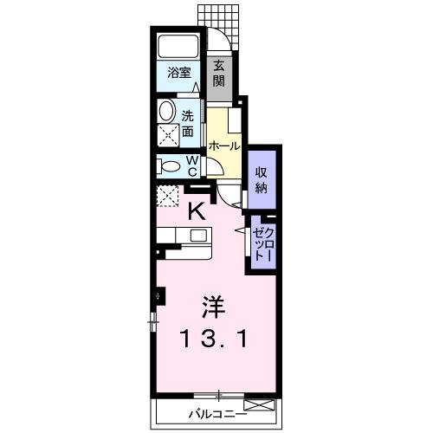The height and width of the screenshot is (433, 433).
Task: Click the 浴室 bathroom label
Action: pos(179,74)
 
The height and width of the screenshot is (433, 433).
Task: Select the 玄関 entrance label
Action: pos(220,73)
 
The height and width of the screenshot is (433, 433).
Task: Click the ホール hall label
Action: pos(223,146)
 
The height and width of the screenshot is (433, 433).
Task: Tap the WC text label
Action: pos(192,165)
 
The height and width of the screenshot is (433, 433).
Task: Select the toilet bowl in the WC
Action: pos(170,165)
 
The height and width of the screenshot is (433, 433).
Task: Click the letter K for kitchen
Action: pos(197,210)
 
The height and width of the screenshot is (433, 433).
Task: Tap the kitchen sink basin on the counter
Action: pos(199,235)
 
